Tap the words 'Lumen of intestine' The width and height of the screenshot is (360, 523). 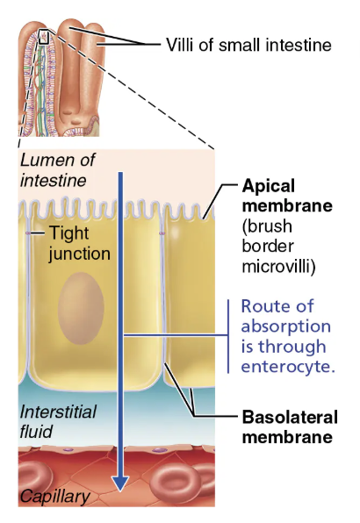tap(57, 170)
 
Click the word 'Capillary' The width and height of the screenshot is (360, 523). tap(54, 498)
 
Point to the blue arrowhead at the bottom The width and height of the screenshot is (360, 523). tap(120, 483)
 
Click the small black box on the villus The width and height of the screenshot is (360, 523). tap(43, 37)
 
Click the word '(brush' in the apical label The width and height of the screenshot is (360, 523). tap(263, 226)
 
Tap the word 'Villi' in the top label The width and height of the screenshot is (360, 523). tap(182, 43)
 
